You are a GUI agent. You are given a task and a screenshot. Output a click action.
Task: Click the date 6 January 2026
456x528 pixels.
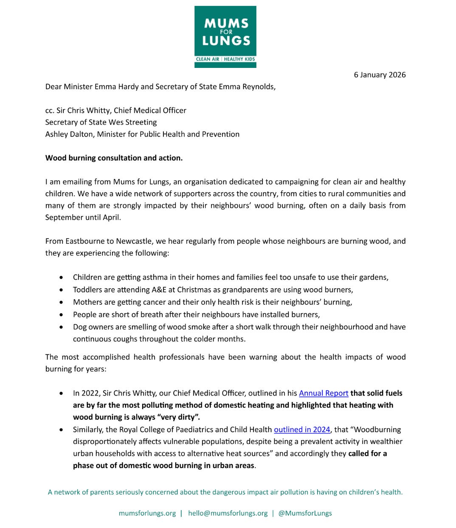pos(380,75)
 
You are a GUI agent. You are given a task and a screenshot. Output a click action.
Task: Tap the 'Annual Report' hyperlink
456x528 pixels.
pos(324,393)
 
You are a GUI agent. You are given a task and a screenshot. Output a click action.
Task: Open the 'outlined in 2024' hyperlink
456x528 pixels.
pos(302,429)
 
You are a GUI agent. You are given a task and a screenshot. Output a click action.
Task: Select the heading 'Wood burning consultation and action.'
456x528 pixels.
pos(114,158)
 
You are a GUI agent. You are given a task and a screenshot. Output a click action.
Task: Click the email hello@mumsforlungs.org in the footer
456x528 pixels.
pos(228,513)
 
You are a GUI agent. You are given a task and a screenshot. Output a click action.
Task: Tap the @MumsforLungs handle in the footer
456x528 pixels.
pos(305,513)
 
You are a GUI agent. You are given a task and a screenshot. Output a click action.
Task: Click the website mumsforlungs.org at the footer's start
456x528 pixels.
pos(147,513)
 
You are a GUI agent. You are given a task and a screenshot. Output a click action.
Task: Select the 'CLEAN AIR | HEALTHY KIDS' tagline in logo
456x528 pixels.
pos(225,59)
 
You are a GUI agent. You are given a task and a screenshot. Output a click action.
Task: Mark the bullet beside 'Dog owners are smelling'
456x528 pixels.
pos(62,327)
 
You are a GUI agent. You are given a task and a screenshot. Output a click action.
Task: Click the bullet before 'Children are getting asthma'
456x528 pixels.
pos(62,278)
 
